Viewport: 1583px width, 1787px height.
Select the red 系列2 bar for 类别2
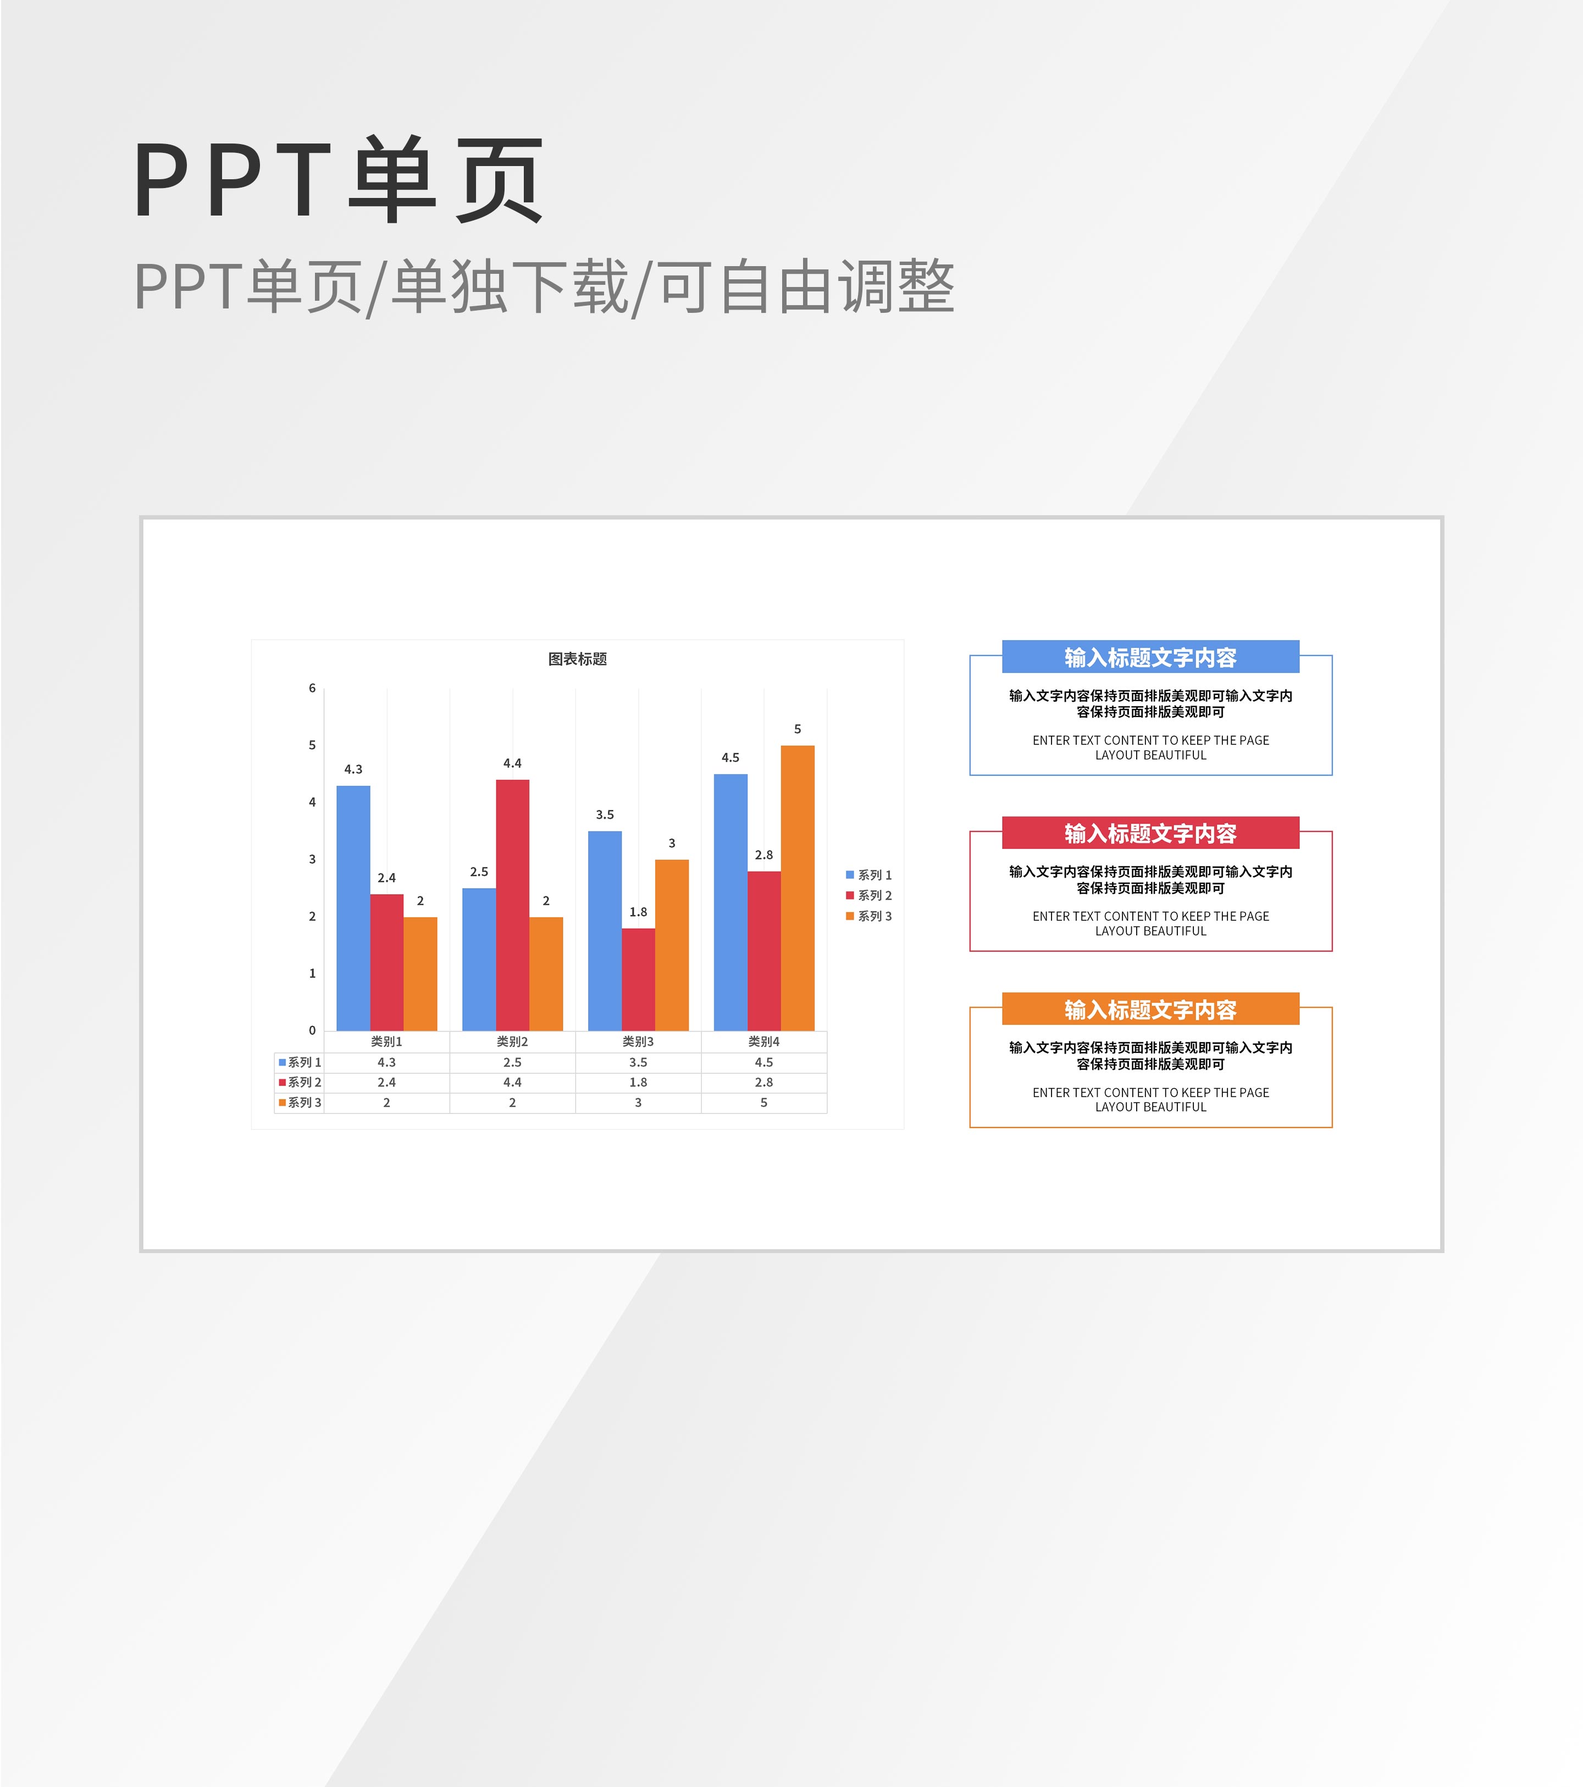pos(512,905)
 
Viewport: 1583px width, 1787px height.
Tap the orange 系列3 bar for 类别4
pos(797,887)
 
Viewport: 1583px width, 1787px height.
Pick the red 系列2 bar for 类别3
pos(638,979)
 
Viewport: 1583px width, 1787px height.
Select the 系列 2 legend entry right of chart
pos(869,895)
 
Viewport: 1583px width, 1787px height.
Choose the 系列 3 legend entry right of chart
pos(869,916)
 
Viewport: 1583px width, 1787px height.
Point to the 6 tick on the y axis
pos(312,688)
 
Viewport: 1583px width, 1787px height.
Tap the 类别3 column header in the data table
pos(638,1041)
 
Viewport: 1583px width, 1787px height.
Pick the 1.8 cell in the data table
pos(638,1082)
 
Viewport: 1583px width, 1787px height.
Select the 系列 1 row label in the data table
pos(300,1062)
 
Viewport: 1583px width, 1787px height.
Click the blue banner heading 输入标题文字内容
pos(1150,658)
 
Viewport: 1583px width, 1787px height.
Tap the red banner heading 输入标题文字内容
pos(1150,833)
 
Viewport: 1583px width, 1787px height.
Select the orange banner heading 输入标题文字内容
pos(1150,1010)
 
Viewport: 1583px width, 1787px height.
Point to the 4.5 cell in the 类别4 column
pos(764,1062)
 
